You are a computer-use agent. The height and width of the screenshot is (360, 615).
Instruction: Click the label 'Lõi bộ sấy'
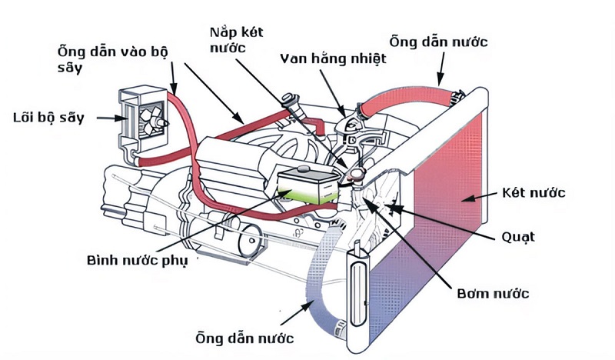[x=48, y=118]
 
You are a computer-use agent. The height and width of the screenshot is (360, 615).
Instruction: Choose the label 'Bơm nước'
[x=494, y=294]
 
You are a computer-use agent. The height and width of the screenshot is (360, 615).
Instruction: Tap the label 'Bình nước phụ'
[x=137, y=259]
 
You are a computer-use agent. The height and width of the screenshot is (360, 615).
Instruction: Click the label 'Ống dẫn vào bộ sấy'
[x=112, y=58]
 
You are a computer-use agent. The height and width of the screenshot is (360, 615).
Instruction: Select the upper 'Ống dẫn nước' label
[x=438, y=40]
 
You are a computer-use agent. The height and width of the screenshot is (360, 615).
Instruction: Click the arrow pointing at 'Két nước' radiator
[x=480, y=198]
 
